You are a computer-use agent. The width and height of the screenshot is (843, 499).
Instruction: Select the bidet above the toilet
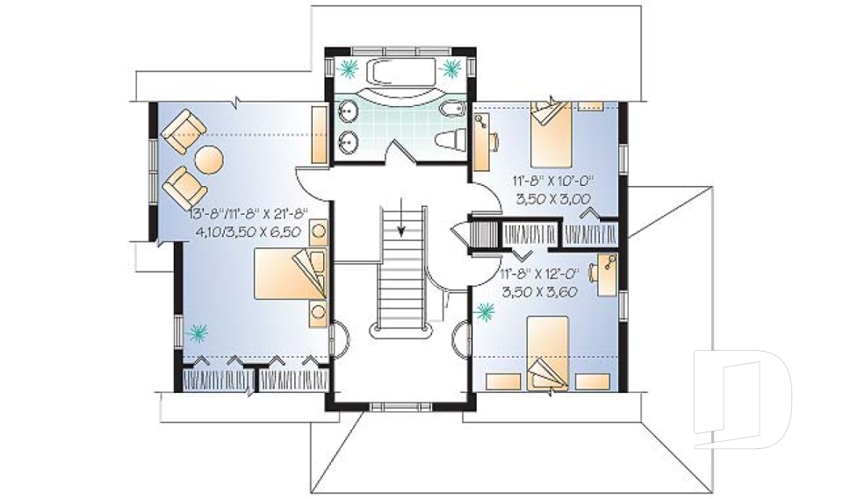pos(451,109)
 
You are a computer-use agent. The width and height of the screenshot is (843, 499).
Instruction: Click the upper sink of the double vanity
pos(349,111)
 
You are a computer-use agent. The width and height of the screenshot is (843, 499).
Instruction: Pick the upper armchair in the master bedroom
pos(184,131)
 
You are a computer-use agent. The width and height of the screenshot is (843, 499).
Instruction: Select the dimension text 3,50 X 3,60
pos(539,292)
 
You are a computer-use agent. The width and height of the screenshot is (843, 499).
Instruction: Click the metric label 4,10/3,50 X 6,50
pos(248,232)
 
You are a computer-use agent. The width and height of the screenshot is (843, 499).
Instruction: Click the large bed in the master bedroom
pos(291,273)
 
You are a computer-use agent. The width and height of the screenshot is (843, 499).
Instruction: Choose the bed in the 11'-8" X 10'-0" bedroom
pos(551,134)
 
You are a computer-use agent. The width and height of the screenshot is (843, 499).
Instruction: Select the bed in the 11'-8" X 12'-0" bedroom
pos(547,353)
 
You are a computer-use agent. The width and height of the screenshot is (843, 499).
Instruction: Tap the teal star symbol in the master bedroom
pos(197,333)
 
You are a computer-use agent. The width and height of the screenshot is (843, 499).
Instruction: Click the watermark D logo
pos(743,398)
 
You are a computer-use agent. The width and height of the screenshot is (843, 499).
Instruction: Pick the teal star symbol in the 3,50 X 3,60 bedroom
pos(486,310)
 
